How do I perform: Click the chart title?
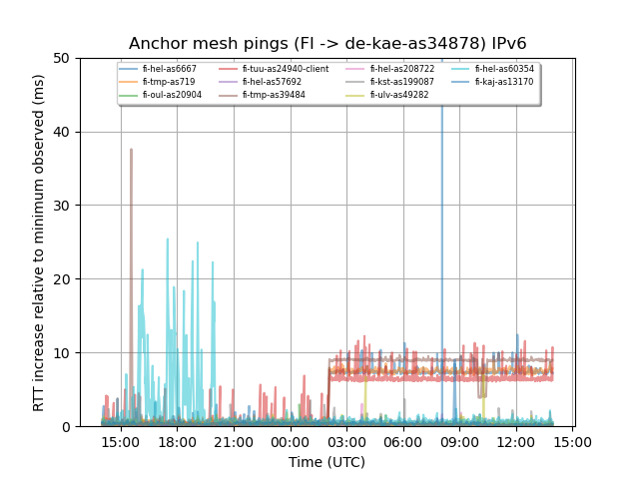[327, 44]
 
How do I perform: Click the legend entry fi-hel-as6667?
[170, 69]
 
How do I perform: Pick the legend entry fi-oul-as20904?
[172, 95]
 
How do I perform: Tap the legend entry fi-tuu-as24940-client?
[286, 69]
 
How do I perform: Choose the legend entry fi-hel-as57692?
[272, 82]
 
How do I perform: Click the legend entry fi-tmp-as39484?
[274, 95]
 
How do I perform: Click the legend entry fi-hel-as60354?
[504, 69]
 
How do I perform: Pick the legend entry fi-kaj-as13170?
[504, 82]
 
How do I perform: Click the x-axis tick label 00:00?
[291, 441]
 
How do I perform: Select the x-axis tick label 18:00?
[178, 441]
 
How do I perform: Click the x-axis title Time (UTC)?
[327, 462]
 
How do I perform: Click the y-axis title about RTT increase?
[39, 242]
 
